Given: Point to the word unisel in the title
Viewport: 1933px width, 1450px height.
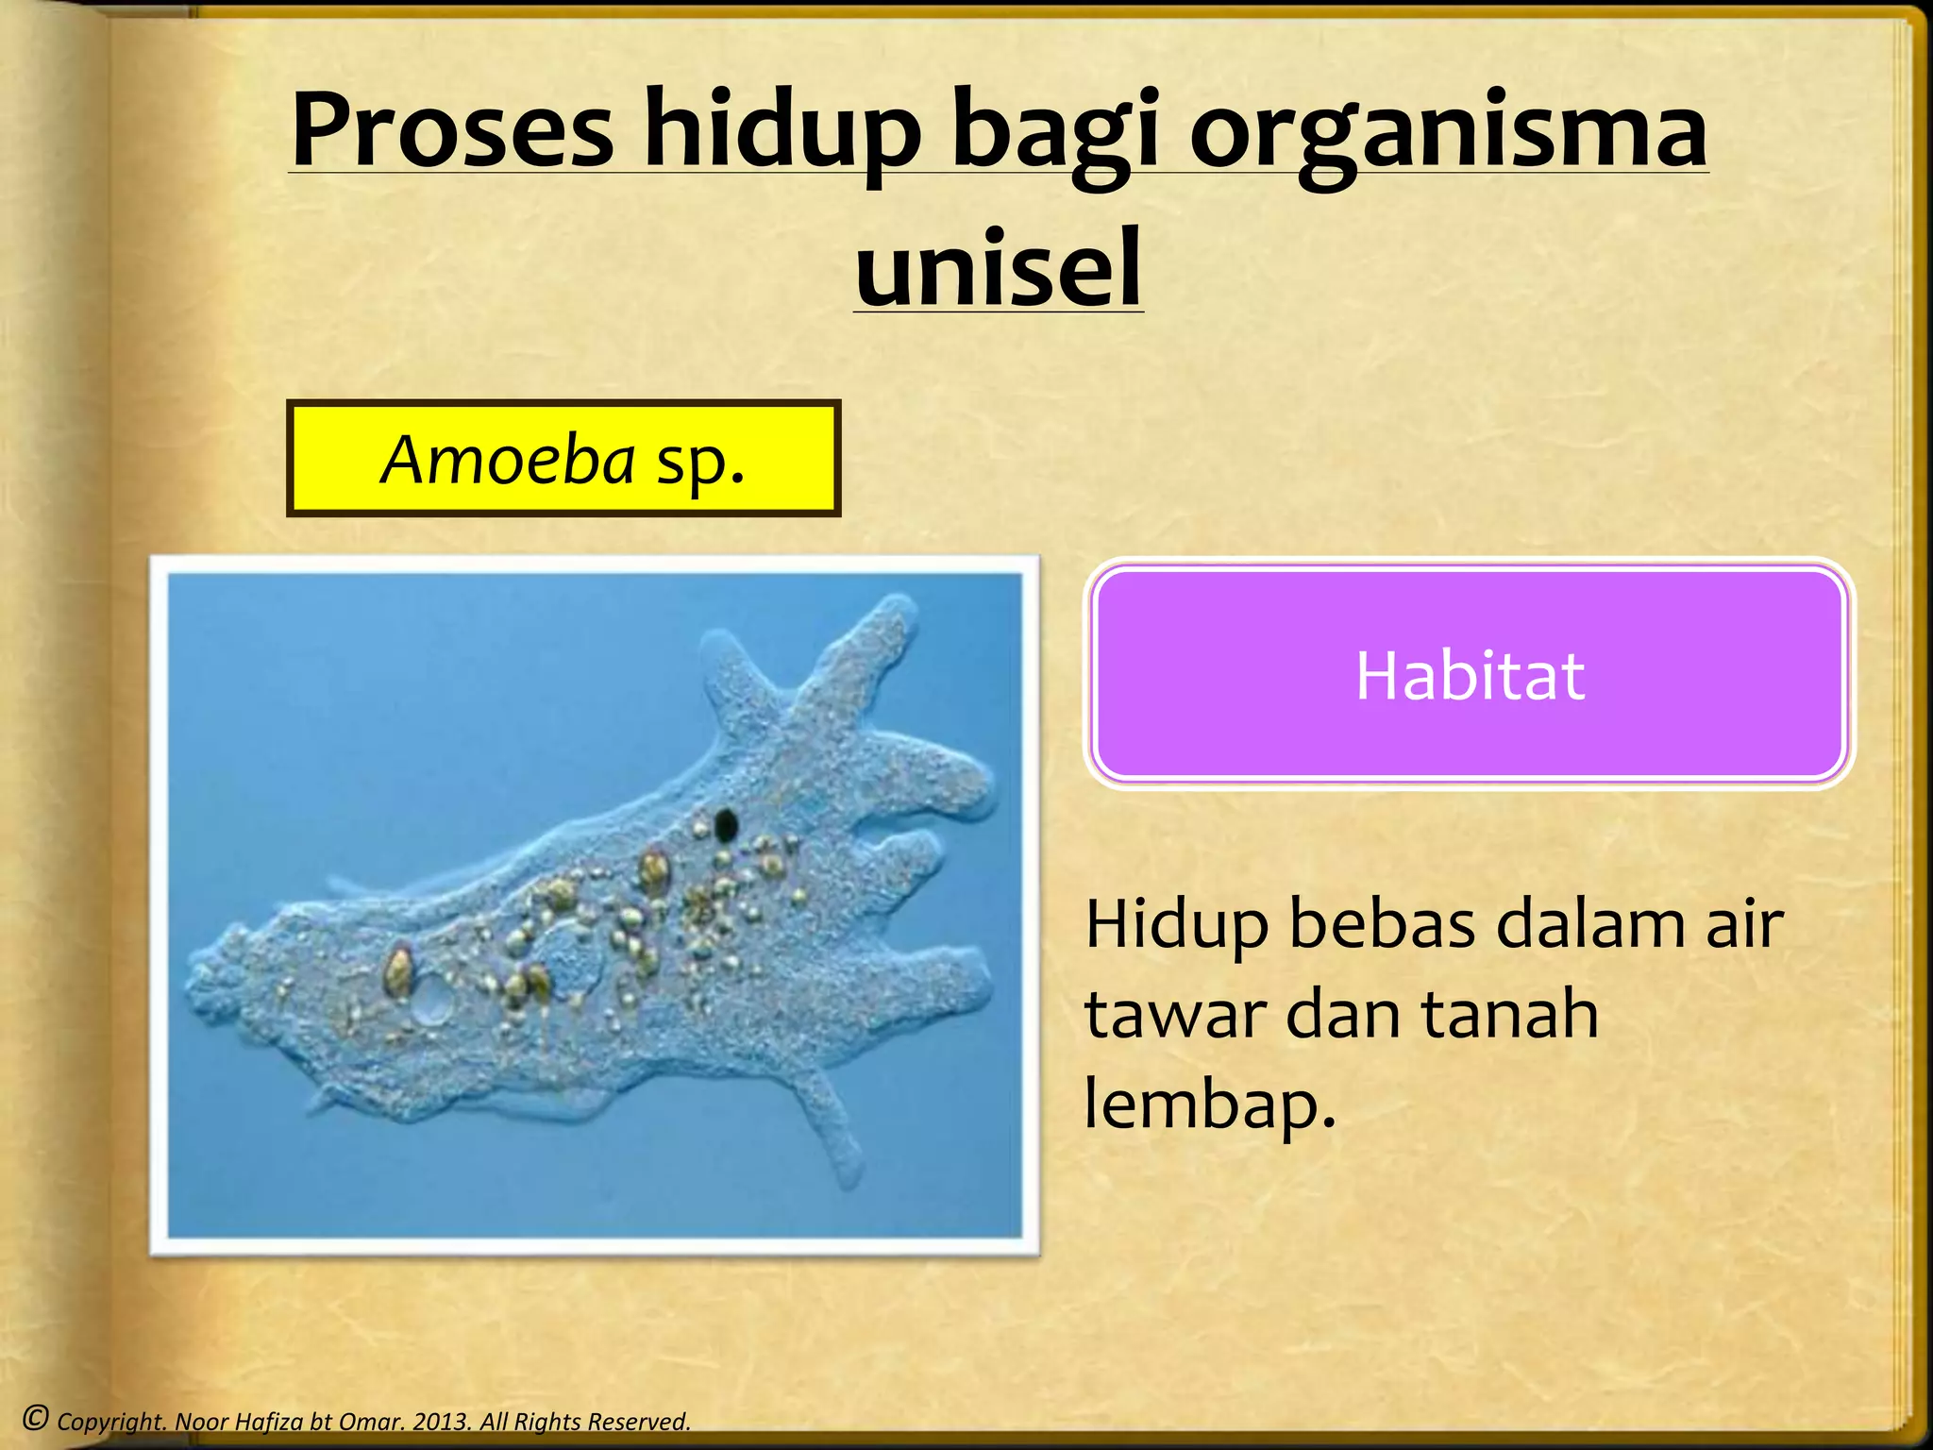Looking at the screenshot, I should click(x=999, y=269).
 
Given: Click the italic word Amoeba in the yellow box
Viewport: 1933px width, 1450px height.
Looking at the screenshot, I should click(x=508, y=460).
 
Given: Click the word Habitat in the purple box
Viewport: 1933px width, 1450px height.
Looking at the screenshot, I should click(x=1470, y=676).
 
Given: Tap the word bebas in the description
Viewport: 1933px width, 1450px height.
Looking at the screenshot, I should click(x=1382, y=924).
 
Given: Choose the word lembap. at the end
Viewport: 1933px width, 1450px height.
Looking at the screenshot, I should click(x=1210, y=1104).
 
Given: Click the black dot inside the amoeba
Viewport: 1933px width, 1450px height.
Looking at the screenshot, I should click(x=726, y=825).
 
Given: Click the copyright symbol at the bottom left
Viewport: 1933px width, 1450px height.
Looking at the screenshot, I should click(x=35, y=1418).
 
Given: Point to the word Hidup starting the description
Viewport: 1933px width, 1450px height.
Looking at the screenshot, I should click(x=1175, y=924).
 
